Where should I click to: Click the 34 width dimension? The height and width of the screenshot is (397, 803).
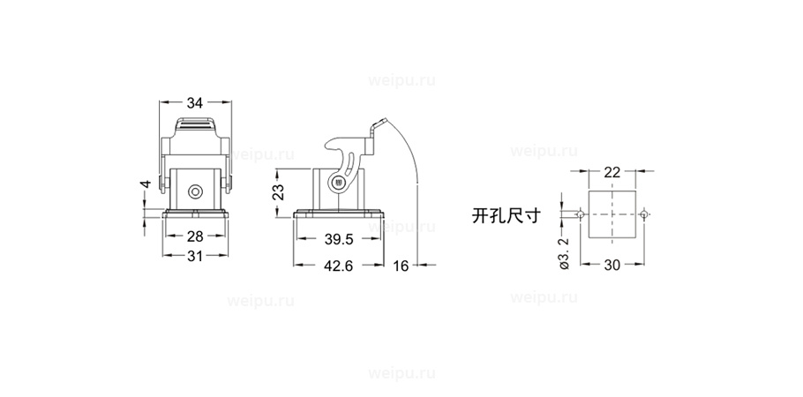[195, 103]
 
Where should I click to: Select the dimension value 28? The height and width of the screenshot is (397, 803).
[195, 236]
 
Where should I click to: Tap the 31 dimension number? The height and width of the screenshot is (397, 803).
[195, 256]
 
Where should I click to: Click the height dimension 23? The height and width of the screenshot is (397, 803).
[278, 193]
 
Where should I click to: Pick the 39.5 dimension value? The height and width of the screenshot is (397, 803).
[339, 239]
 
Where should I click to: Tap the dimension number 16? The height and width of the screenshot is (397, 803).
[401, 266]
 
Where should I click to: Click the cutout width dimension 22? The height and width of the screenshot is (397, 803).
[612, 172]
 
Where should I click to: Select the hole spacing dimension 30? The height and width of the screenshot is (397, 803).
[612, 265]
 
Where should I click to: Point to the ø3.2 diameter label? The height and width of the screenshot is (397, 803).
[564, 253]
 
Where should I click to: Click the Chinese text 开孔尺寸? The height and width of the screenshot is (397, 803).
[506, 215]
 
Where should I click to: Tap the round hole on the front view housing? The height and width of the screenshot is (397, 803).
[195, 192]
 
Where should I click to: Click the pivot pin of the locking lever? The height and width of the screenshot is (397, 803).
[338, 182]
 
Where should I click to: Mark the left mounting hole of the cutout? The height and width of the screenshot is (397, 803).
[581, 213]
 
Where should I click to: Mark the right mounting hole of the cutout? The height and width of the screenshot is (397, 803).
[644, 213]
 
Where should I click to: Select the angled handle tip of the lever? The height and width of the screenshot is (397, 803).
[379, 123]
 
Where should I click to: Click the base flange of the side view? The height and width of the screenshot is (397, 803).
[339, 214]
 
